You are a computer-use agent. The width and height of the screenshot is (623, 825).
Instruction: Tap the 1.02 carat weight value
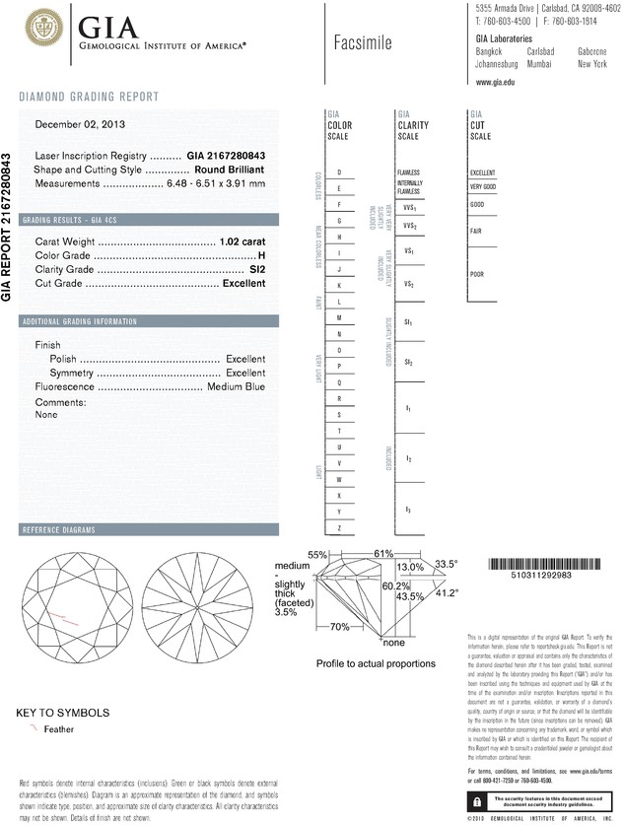click(242, 241)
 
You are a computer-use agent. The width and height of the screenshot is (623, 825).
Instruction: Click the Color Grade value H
click(261, 255)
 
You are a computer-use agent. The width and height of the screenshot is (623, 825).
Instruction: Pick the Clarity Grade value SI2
click(257, 269)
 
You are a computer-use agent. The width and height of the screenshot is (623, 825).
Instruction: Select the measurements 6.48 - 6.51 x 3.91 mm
click(207, 183)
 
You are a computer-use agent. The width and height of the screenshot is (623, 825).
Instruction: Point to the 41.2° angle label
click(447, 592)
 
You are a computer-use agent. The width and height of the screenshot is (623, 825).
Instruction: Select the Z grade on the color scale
click(339, 529)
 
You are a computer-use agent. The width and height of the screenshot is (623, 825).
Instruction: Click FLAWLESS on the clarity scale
click(408, 172)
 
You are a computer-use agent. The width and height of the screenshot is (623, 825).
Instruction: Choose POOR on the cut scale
click(476, 274)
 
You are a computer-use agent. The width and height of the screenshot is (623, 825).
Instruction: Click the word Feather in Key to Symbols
click(60, 729)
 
